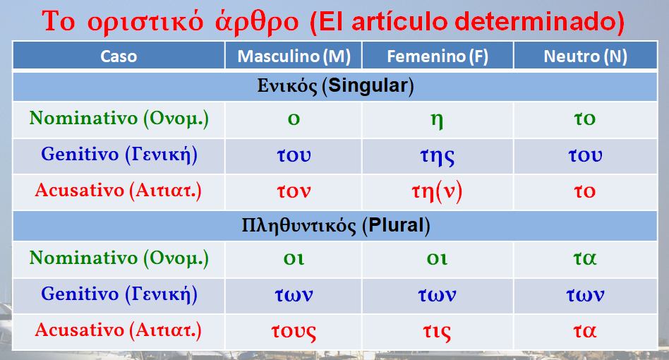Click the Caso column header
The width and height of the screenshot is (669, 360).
click(119, 56)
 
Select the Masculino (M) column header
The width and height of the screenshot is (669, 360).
click(294, 56)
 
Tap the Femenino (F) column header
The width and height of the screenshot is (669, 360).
click(438, 56)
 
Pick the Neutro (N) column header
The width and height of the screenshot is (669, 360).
click(585, 56)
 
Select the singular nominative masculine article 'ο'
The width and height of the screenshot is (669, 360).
click(294, 119)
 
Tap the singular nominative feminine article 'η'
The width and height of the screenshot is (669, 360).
click(438, 119)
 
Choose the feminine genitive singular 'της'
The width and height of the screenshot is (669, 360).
click(438, 155)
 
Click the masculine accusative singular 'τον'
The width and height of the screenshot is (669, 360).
click(294, 191)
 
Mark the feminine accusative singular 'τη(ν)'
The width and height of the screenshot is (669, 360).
click(437, 191)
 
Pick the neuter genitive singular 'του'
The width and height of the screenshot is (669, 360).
click(585, 155)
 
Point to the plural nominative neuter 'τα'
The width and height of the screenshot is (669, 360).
click(585, 258)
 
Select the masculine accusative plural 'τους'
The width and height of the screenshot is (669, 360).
click(294, 330)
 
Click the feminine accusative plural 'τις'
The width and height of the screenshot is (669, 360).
click(438, 330)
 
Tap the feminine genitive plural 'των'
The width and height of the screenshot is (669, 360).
click(438, 294)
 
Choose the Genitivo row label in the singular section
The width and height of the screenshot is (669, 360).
click(119, 155)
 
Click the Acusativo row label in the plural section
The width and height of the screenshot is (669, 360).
click(119, 330)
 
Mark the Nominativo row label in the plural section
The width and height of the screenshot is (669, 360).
click(119, 258)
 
